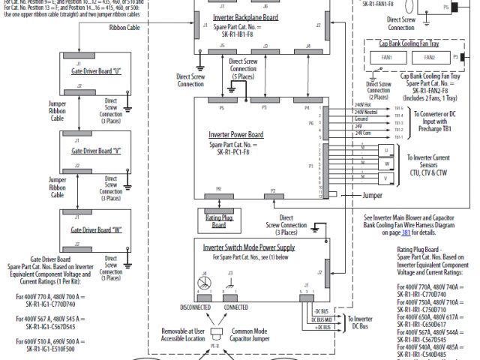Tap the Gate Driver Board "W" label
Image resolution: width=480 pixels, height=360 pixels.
point(96,229)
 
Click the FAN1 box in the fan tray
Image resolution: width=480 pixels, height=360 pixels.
point(386,57)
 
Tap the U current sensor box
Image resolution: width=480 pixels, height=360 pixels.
point(386,150)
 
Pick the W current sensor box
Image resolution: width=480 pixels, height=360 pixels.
point(386,178)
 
